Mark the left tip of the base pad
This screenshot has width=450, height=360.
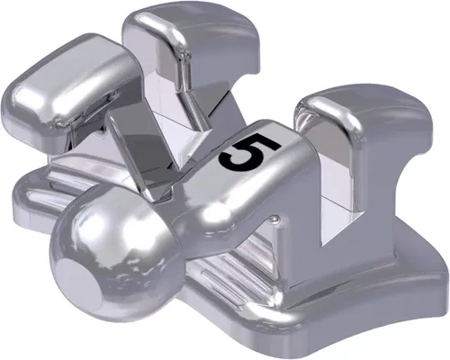click(22, 202)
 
